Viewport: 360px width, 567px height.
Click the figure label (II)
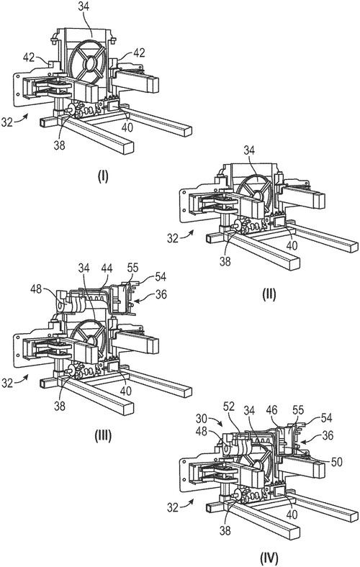[269, 295]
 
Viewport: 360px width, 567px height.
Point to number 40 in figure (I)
[127, 127]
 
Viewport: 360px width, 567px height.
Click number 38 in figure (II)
[225, 261]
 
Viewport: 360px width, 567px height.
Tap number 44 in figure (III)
[107, 268]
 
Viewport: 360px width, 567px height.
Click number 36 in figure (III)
[161, 295]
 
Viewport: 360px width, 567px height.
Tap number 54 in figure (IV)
[325, 418]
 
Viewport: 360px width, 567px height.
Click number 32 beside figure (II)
[174, 239]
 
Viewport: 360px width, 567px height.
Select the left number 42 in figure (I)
[30, 57]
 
